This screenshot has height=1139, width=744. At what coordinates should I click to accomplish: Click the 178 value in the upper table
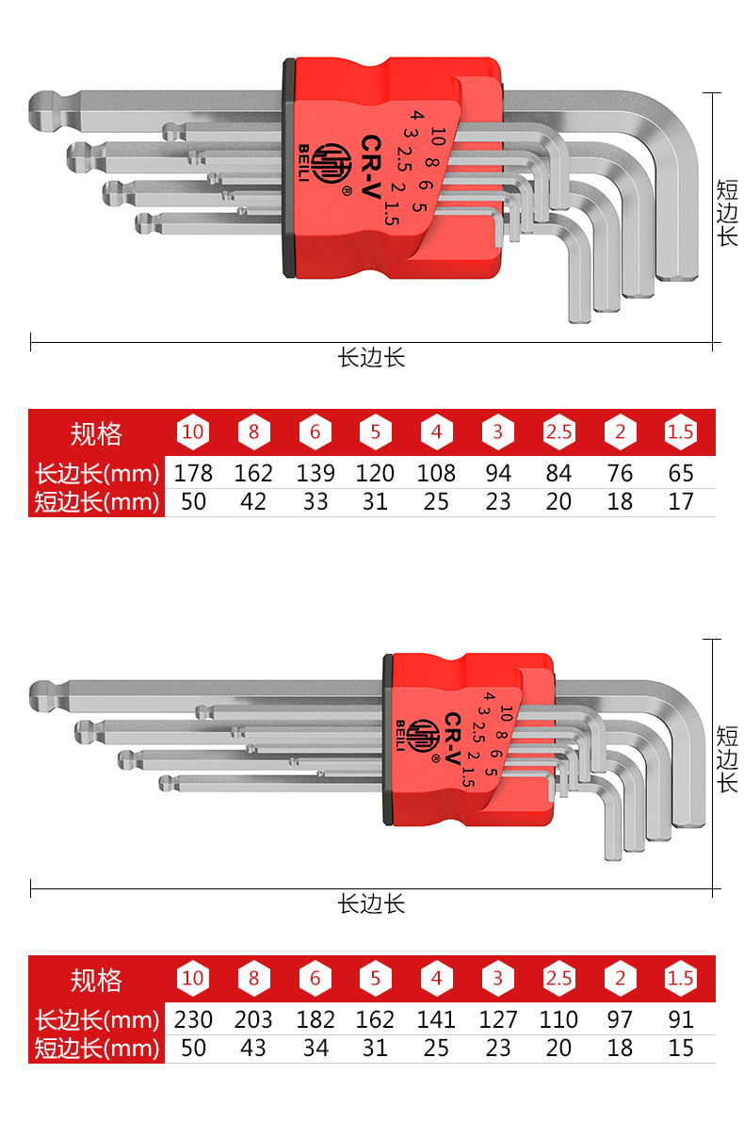(193, 473)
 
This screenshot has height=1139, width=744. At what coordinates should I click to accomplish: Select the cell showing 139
(315, 473)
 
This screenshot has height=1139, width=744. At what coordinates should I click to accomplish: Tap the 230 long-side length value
(193, 1019)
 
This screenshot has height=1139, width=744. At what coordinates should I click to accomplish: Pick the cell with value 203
(253, 1019)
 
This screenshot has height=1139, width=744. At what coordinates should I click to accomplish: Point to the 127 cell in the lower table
(497, 1019)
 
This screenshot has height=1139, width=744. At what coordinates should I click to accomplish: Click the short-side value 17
(680, 502)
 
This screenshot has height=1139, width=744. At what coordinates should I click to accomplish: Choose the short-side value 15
(680, 1048)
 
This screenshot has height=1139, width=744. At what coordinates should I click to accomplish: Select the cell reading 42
(253, 502)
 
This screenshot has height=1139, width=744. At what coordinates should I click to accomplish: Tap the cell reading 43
(253, 1048)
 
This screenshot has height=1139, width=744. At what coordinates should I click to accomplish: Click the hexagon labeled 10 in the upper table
(193, 432)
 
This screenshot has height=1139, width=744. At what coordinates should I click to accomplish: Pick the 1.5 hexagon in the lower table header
(680, 979)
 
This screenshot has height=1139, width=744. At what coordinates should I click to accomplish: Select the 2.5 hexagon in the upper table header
(558, 432)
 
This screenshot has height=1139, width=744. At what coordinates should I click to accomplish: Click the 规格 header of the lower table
(96, 980)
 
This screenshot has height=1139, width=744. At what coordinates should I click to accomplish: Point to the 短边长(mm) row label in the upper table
(97, 502)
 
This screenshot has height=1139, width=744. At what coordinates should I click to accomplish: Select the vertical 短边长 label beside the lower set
(727, 759)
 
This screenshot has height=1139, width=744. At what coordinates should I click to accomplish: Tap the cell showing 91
(680, 1019)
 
